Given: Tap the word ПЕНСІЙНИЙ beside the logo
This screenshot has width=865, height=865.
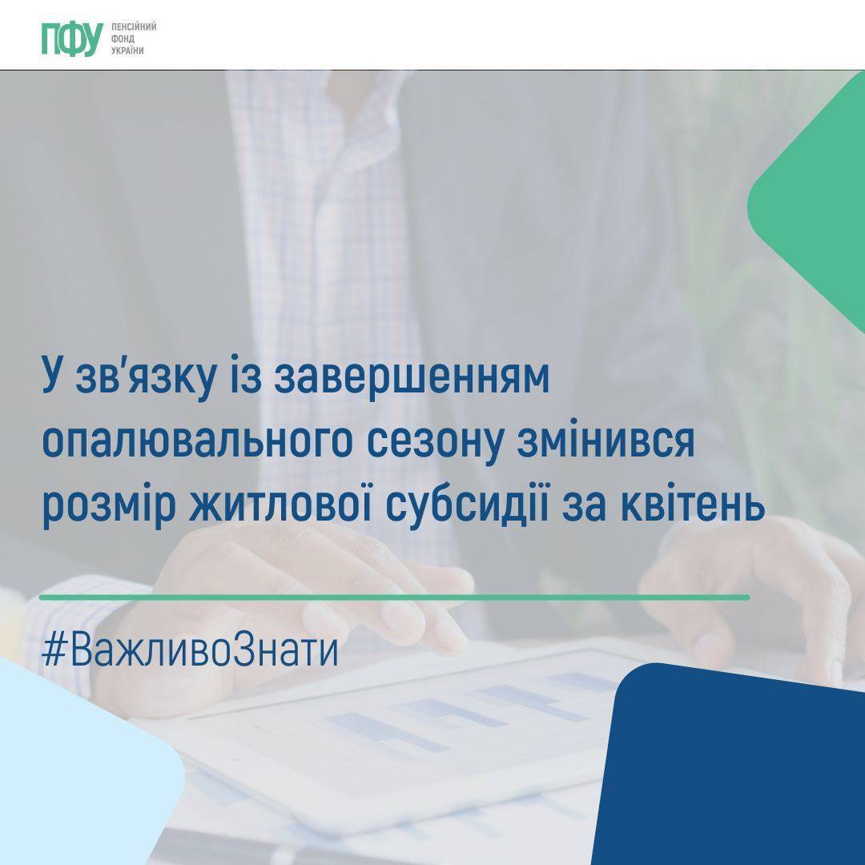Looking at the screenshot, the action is [134, 26].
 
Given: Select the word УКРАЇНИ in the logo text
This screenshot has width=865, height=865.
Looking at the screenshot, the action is [127, 50].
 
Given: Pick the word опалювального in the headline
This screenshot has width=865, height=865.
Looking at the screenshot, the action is [197, 442].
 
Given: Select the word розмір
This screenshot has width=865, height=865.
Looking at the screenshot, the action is [109, 506].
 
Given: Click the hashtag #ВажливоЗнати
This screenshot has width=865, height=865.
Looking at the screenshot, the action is [190, 650].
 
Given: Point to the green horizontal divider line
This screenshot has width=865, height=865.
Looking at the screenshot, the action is [394, 597].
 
